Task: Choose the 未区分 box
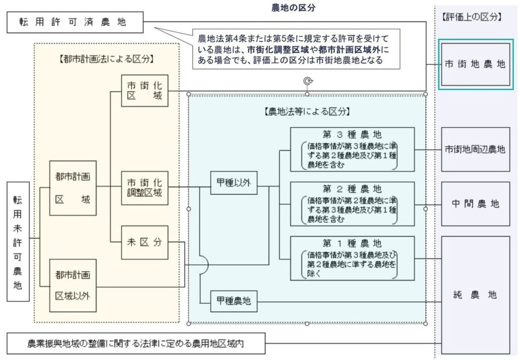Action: (144, 242)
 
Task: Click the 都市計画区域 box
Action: (72, 188)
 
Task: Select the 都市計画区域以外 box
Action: (72, 285)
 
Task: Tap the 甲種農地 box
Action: (234, 303)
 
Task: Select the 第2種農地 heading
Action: (352, 189)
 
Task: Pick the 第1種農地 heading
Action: (352, 242)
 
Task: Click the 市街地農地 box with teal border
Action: (475, 64)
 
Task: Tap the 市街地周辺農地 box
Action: (475, 149)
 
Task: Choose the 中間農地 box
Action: (475, 204)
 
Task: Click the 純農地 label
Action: (475, 295)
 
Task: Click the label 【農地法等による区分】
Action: (307, 112)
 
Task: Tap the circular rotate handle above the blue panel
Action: (307, 81)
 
